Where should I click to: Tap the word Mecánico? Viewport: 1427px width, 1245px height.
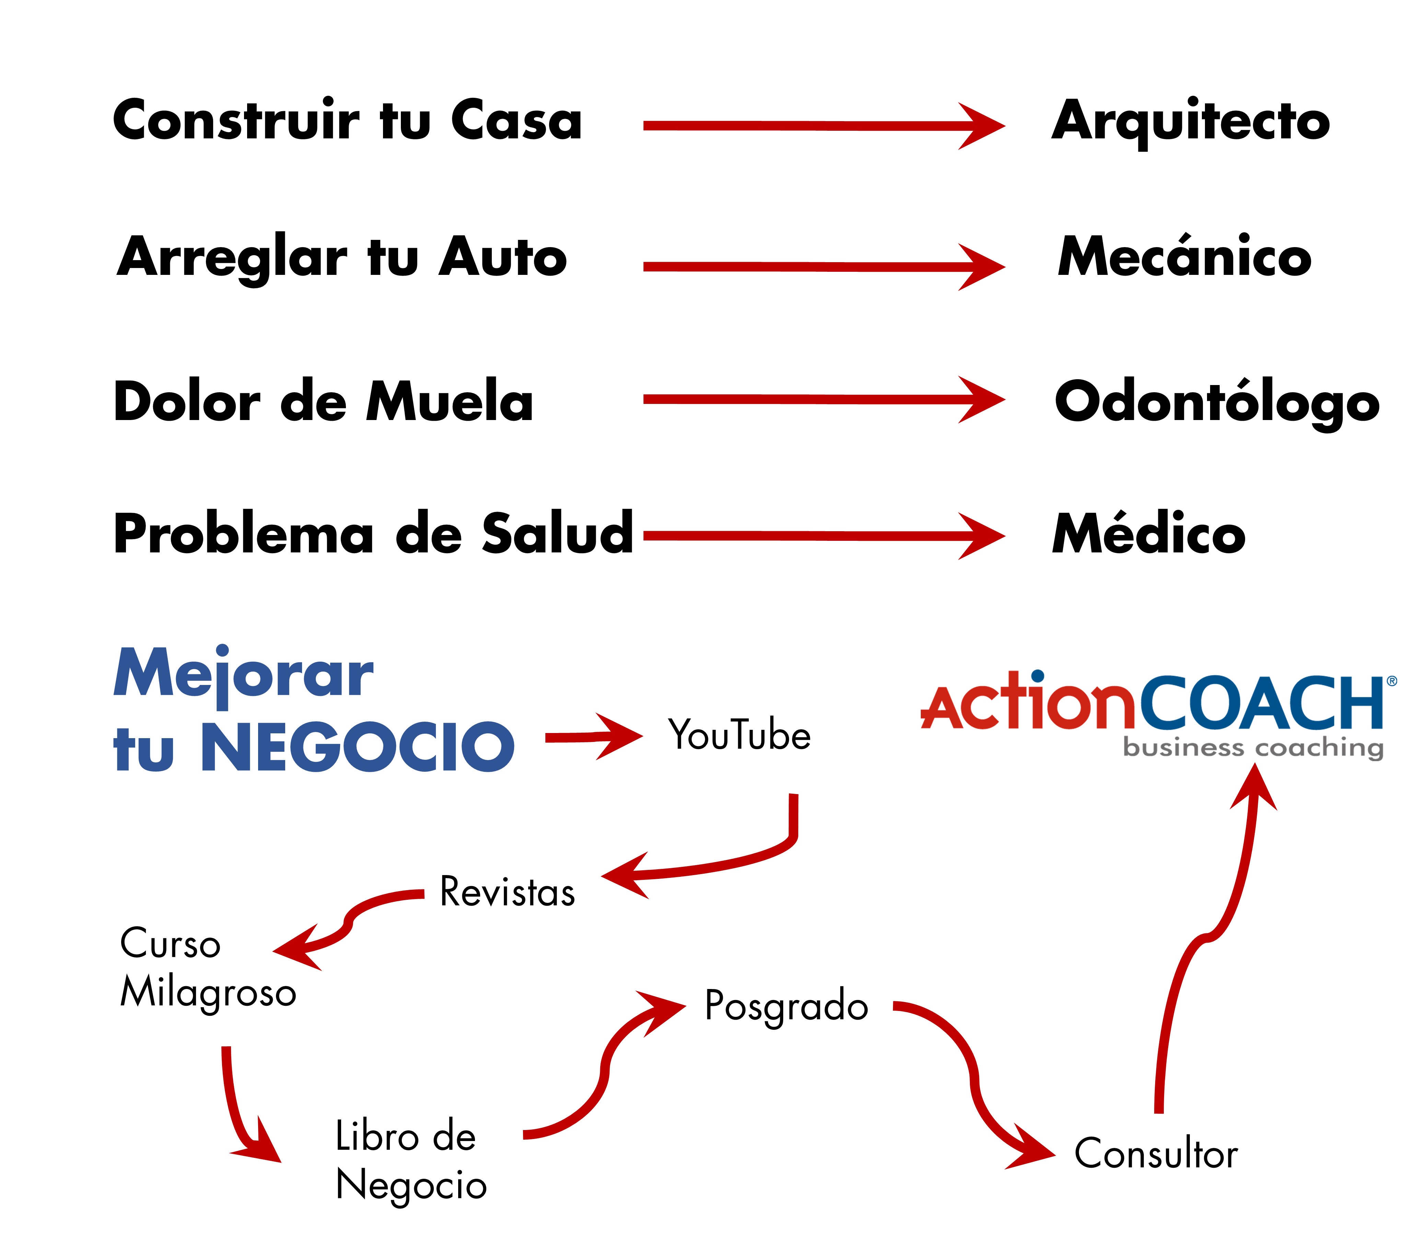coord(1184,257)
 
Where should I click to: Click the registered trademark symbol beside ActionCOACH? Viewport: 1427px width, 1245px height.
coord(1392,682)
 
